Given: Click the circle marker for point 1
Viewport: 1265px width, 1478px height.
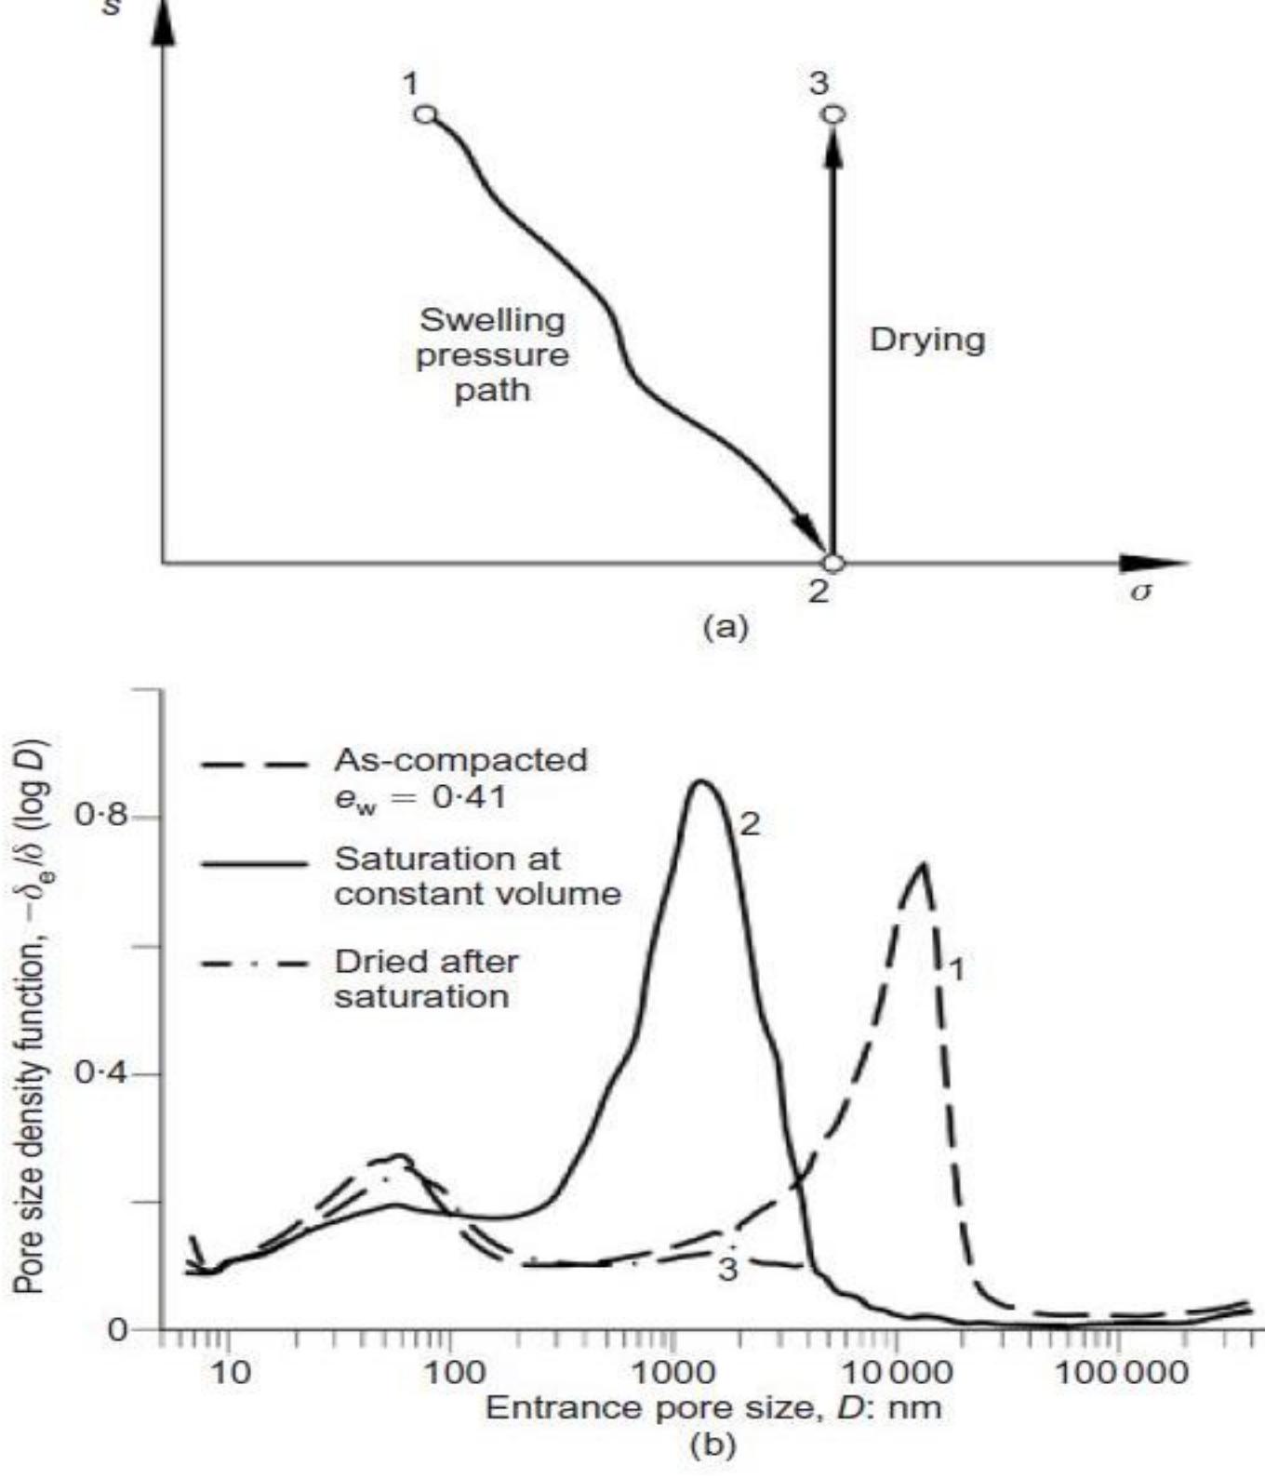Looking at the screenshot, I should pyautogui.click(x=425, y=114).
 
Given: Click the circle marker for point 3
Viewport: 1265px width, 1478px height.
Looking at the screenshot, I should pyautogui.click(x=834, y=113).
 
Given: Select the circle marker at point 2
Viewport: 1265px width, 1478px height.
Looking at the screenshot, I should pyautogui.click(x=833, y=563).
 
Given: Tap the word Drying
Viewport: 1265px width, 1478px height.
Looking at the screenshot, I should pyautogui.click(x=926, y=340).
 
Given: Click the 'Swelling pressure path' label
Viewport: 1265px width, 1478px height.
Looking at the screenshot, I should pyautogui.click(x=492, y=354).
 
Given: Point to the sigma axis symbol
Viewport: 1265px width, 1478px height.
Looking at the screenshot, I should pyautogui.click(x=1140, y=592).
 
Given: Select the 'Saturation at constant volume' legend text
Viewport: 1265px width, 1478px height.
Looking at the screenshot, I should pyautogui.click(x=477, y=875).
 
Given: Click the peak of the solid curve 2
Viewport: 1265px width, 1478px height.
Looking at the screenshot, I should pyautogui.click(x=702, y=781).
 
